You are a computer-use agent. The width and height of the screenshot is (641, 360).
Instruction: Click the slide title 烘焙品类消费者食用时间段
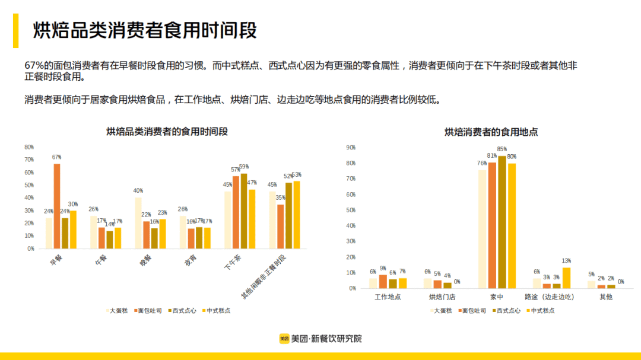(x=145, y=31)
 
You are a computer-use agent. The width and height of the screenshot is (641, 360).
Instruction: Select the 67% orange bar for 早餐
(x=57, y=205)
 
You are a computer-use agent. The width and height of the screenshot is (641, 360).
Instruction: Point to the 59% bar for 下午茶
(x=243, y=211)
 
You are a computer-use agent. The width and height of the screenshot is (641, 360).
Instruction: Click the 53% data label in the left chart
(x=296, y=175)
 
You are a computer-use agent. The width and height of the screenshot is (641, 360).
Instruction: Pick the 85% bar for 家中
(x=502, y=222)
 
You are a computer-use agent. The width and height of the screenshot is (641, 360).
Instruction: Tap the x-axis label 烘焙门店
(x=443, y=297)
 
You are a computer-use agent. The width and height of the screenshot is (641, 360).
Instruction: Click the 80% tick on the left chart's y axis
(x=29, y=147)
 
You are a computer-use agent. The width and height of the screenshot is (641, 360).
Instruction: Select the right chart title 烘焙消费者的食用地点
(x=491, y=132)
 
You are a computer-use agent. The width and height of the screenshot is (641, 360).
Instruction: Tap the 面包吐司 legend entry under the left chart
(x=148, y=310)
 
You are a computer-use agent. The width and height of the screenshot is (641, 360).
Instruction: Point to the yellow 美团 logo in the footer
(x=284, y=339)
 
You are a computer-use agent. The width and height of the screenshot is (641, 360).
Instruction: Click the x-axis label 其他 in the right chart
(x=606, y=297)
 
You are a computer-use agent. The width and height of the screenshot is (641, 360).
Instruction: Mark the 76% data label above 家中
(x=483, y=164)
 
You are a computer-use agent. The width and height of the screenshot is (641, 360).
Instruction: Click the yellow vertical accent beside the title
(x=16, y=31)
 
